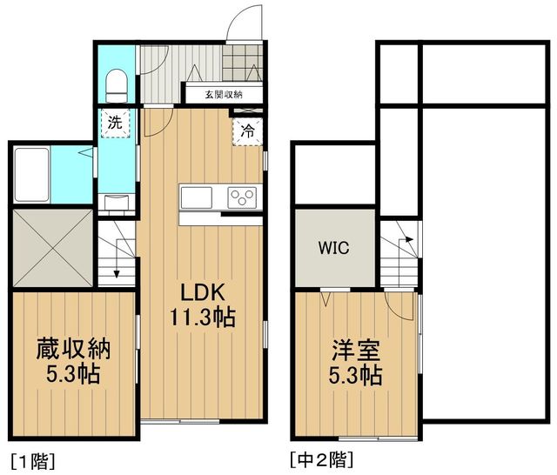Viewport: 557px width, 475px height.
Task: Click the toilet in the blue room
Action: coord(117,86)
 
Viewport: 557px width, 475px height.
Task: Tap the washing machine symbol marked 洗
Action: coord(116,124)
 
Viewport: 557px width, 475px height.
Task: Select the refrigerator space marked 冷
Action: coord(247,131)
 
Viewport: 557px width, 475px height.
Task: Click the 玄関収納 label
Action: coord(224,95)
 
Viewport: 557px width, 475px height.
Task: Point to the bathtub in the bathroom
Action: coord(32,175)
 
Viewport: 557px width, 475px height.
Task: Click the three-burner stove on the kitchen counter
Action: coord(242,197)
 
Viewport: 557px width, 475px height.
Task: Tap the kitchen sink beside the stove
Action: coord(197,197)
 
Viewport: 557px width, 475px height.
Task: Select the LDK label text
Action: coord(203,293)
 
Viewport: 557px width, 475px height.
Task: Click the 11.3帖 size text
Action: coord(203,317)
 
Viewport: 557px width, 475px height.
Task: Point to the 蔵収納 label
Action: coord(74,350)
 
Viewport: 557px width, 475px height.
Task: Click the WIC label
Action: coord(333,248)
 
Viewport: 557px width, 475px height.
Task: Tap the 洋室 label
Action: coord(356,350)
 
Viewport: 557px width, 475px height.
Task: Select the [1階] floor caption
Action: coord(33,461)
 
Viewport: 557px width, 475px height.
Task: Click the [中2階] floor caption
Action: coord(322,460)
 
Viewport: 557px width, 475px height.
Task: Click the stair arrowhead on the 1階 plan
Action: coord(117,274)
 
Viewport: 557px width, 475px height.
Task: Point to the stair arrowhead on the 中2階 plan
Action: coord(410,239)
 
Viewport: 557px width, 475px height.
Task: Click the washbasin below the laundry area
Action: coord(117,203)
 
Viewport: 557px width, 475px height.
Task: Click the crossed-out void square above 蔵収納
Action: coord(52,247)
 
